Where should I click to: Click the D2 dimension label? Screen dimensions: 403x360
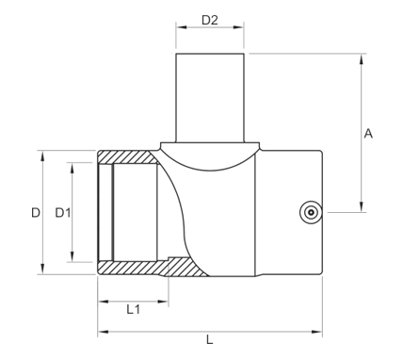pyautogui.click(x=210, y=21)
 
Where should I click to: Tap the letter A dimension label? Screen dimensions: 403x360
pyautogui.click(x=368, y=134)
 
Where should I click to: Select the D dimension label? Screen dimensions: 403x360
pyautogui.click(x=36, y=213)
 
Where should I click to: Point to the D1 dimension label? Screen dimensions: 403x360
pyautogui.click(x=63, y=213)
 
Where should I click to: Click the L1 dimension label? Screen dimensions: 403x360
pyautogui.click(x=133, y=310)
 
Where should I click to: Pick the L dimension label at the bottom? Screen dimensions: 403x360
pyautogui.click(x=210, y=339)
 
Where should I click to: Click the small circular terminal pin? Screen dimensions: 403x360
pyautogui.click(x=311, y=212)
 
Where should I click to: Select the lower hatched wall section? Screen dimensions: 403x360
pyautogui.click(x=151, y=268)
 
